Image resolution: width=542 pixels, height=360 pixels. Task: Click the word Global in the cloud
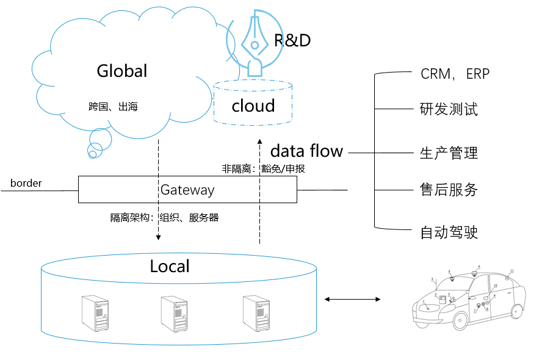tap(122, 71)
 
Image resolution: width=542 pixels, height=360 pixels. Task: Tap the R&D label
tap(292, 40)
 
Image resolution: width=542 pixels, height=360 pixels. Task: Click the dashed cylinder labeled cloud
tap(253, 104)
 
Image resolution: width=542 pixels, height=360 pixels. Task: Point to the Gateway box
tap(187, 190)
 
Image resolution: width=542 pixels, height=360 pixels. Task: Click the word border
tap(26, 182)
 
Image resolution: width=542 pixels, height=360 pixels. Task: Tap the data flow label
tap(306, 151)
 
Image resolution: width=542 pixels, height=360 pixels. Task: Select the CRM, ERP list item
tap(455, 74)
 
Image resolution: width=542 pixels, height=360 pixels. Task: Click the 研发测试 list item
tap(449, 110)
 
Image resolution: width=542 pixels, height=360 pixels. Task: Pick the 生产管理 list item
tap(449, 153)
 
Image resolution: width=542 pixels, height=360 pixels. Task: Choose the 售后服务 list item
tap(449, 190)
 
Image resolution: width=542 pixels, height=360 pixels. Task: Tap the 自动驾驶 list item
tap(449, 232)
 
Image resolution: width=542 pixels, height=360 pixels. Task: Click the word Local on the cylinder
tap(170, 267)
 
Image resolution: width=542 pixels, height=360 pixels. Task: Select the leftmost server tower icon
tap(94, 313)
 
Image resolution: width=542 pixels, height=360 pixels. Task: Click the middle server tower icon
tap(174, 313)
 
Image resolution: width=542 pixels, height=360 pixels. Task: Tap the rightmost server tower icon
tap(256, 313)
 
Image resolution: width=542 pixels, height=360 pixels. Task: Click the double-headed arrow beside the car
tap(353, 299)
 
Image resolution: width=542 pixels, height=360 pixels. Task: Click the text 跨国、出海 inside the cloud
tap(114, 107)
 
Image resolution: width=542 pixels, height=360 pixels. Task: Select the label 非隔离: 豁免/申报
tap(263, 168)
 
